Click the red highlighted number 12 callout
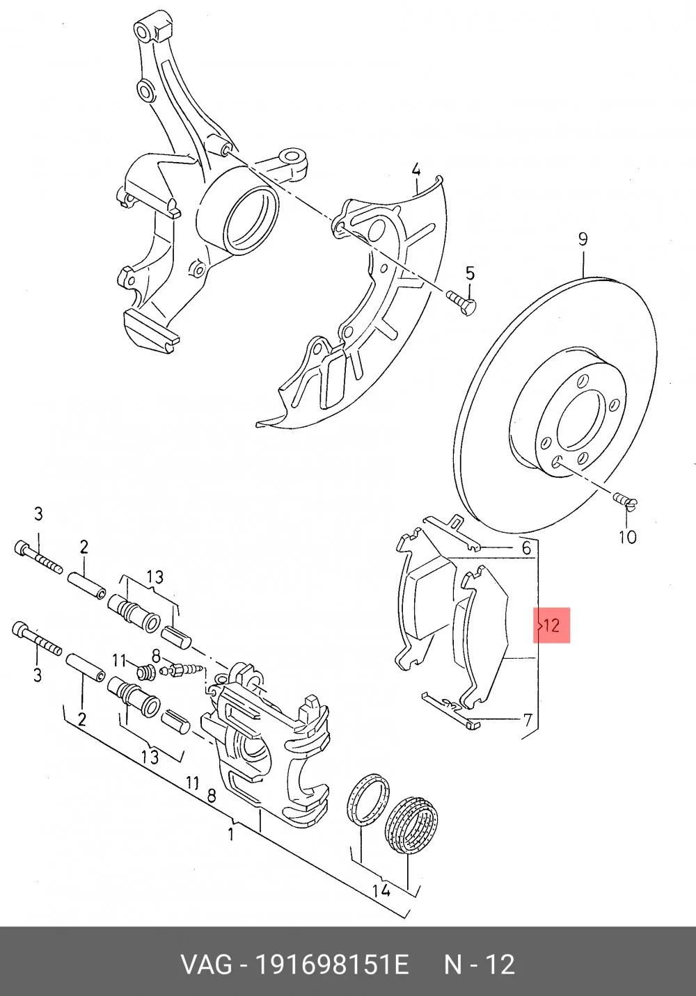(x=551, y=625)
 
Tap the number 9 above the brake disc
(x=583, y=239)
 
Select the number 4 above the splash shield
(x=416, y=170)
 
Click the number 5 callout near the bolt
(x=470, y=273)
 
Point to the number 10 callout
(x=628, y=537)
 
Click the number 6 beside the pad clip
(x=526, y=548)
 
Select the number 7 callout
(x=528, y=719)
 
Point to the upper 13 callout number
(x=155, y=577)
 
